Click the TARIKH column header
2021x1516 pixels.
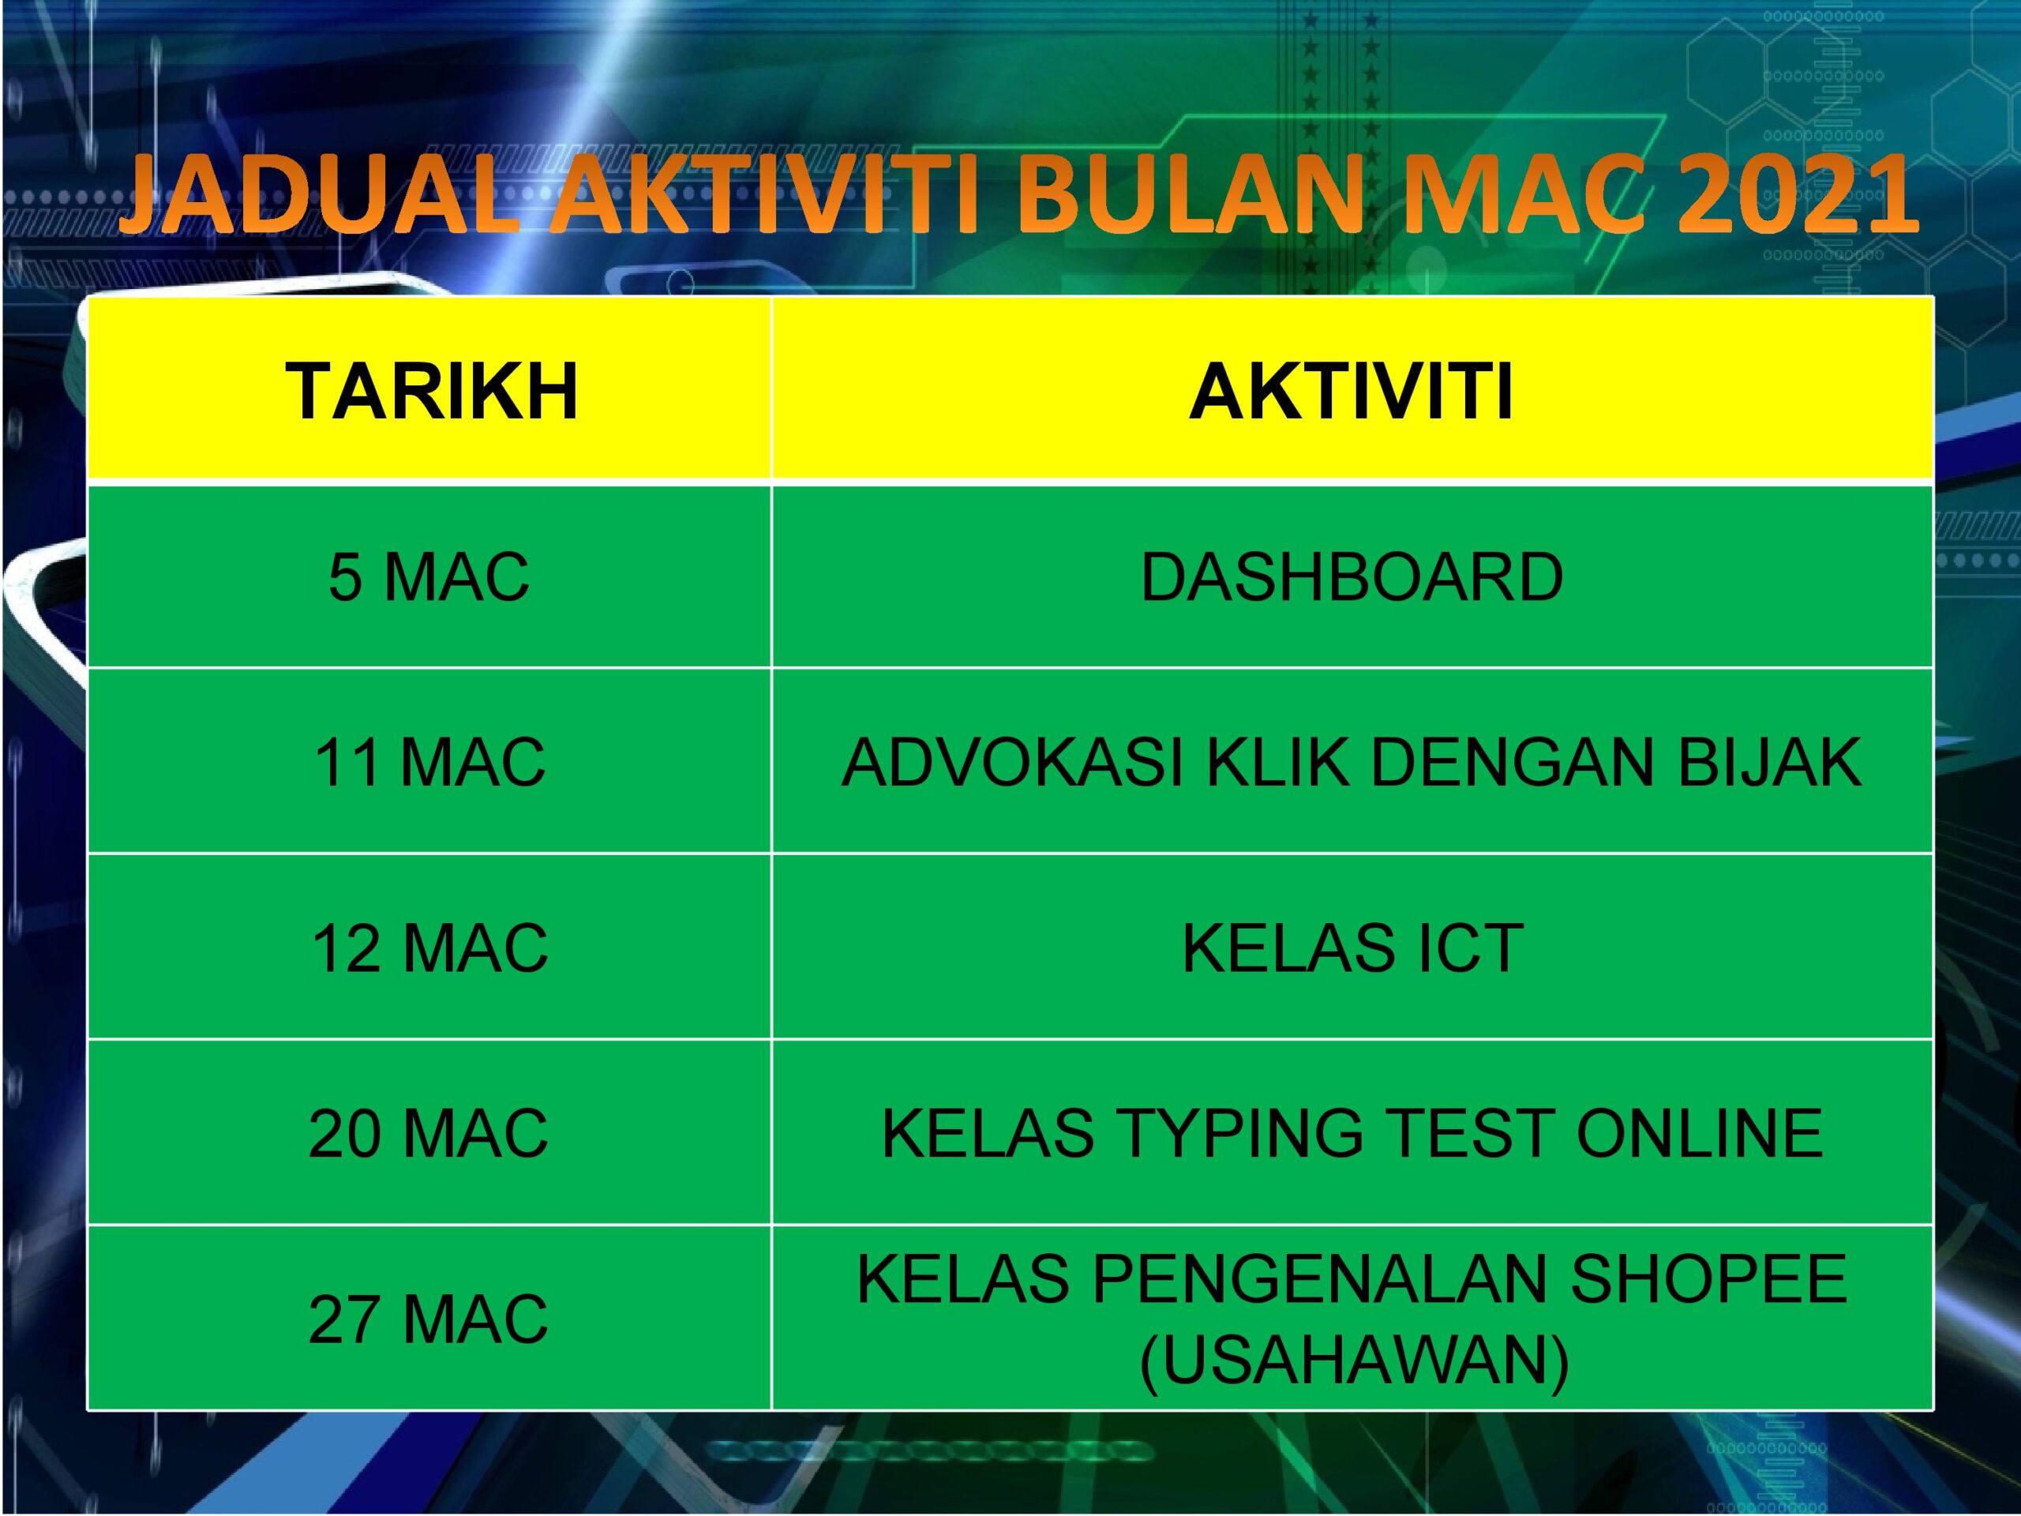[431, 391]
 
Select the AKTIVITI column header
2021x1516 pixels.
[1352, 391]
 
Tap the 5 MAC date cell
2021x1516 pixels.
[429, 577]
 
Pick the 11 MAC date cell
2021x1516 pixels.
[429, 762]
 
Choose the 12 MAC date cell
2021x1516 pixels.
[429, 947]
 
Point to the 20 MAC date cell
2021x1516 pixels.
[429, 1133]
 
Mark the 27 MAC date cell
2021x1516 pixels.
[429, 1319]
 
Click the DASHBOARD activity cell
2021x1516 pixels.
[1352, 577]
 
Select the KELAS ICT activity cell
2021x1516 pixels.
[1352, 947]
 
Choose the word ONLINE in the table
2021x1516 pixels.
[1700, 1133]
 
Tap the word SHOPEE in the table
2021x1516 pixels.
[1708, 1278]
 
